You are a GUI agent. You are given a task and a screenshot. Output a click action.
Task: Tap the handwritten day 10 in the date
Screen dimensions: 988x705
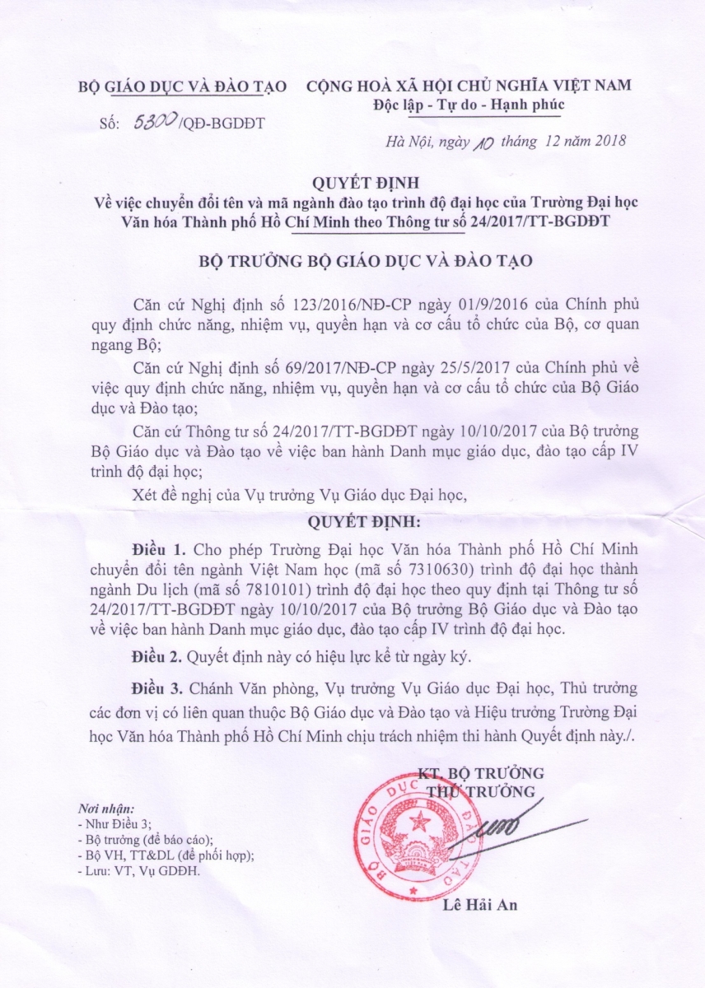[482, 141]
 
